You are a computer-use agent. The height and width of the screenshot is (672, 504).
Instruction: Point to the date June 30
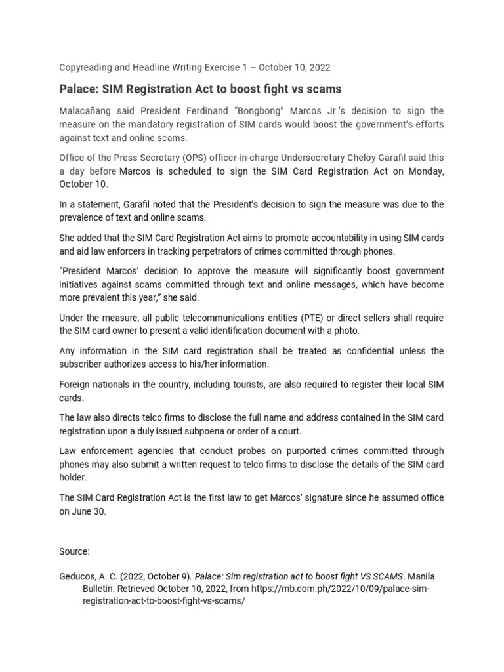(x=88, y=512)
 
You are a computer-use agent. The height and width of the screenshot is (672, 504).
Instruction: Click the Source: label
(x=74, y=551)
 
